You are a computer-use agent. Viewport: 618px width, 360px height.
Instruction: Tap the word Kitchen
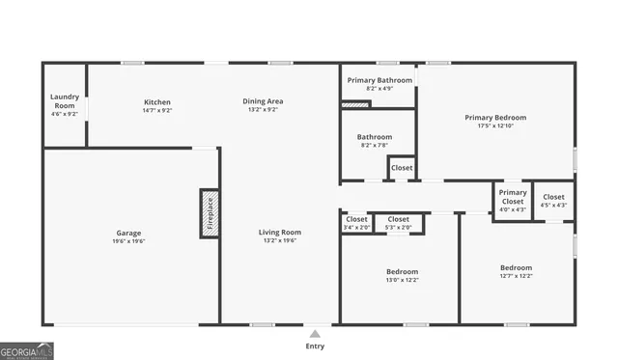157,101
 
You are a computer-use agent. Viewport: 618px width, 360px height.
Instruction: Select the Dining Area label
262,101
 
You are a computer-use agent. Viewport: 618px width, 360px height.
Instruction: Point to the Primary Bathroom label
380,80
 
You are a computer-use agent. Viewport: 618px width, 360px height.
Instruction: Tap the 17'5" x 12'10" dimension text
497,125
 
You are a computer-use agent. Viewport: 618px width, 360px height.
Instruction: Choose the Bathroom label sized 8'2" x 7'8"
375,137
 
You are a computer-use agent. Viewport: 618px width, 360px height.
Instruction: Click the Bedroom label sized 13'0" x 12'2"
403,271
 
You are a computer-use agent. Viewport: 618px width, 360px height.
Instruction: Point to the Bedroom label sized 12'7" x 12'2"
516,267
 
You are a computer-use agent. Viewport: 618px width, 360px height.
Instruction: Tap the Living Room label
280,232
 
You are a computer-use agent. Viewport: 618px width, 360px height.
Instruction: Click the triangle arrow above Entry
315,334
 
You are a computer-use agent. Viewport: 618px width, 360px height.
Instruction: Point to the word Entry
315,346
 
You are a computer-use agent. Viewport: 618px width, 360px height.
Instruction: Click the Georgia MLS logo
27,351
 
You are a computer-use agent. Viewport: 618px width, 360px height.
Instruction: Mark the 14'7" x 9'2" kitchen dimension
157,110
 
